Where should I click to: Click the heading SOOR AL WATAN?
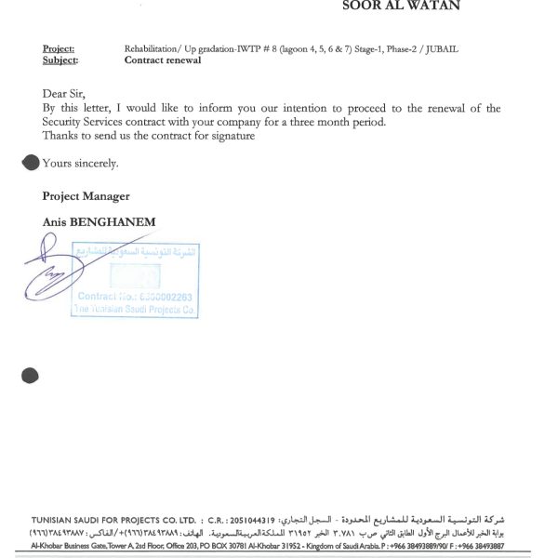(x=402, y=6)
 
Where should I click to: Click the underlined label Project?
(x=59, y=48)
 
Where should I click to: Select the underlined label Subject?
(x=60, y=60)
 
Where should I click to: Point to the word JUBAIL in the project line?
(x=442, y=48)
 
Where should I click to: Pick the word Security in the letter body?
(x=64, y=122)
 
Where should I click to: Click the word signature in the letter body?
(x=232, y=136)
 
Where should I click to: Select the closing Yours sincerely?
(x=80, y=164)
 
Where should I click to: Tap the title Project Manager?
(x=86, y=196)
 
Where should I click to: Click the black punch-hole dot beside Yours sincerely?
(x=30, y=163)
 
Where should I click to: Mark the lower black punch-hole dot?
(x=30, y=376)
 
